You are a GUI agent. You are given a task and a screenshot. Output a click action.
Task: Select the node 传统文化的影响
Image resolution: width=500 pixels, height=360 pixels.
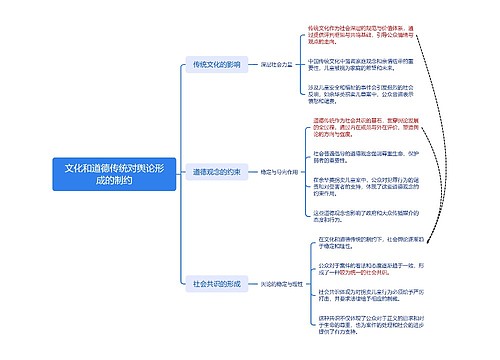(216, 64)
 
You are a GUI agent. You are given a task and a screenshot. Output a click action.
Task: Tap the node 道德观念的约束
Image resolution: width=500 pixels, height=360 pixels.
(216, 172)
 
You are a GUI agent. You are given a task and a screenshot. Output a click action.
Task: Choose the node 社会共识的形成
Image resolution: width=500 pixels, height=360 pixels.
(216, 284)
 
